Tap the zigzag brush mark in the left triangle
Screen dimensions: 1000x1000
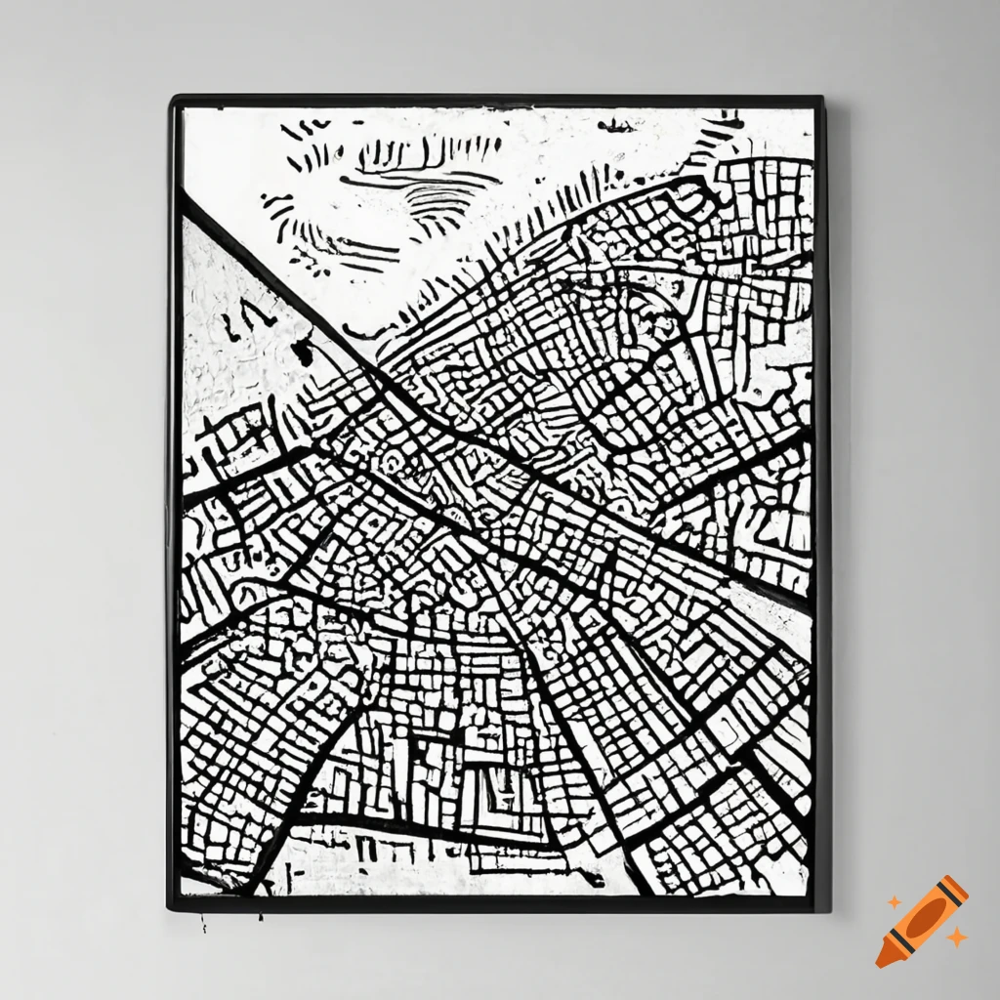point(241,318)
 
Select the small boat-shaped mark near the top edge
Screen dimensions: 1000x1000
point(613,125)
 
